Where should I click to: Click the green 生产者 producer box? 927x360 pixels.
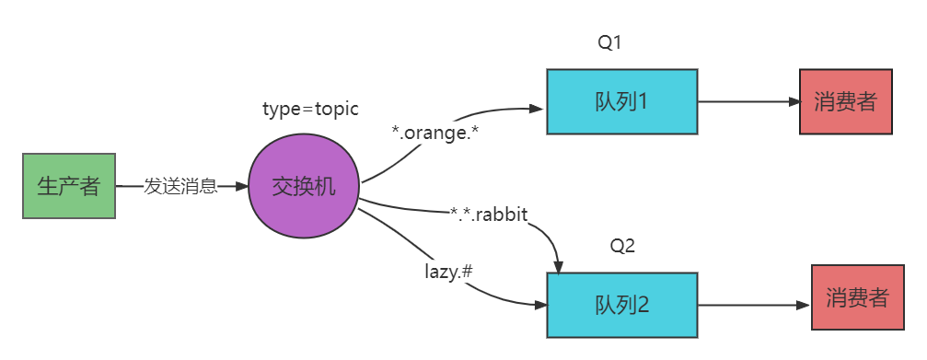(x=69, y=187)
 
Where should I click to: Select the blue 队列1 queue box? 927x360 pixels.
(x=621, y=101)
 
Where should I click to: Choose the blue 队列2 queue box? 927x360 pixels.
(x=621, y=304)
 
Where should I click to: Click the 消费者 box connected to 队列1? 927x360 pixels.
(x=845, y=101)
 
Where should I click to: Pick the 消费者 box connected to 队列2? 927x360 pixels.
(x=857, y=298)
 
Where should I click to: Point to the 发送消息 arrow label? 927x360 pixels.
(x=181, y=188)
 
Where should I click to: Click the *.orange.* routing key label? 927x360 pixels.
(x=435, y=133)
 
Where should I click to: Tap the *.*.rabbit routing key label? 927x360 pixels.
(x=488, y=215)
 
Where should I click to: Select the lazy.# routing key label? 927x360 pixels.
(x=449, y=273)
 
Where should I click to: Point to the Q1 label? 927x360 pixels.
(x=611, y=42)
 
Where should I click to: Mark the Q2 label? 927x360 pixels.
(x=623, y=246)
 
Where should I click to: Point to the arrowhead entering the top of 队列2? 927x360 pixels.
(x=558, y=266)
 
